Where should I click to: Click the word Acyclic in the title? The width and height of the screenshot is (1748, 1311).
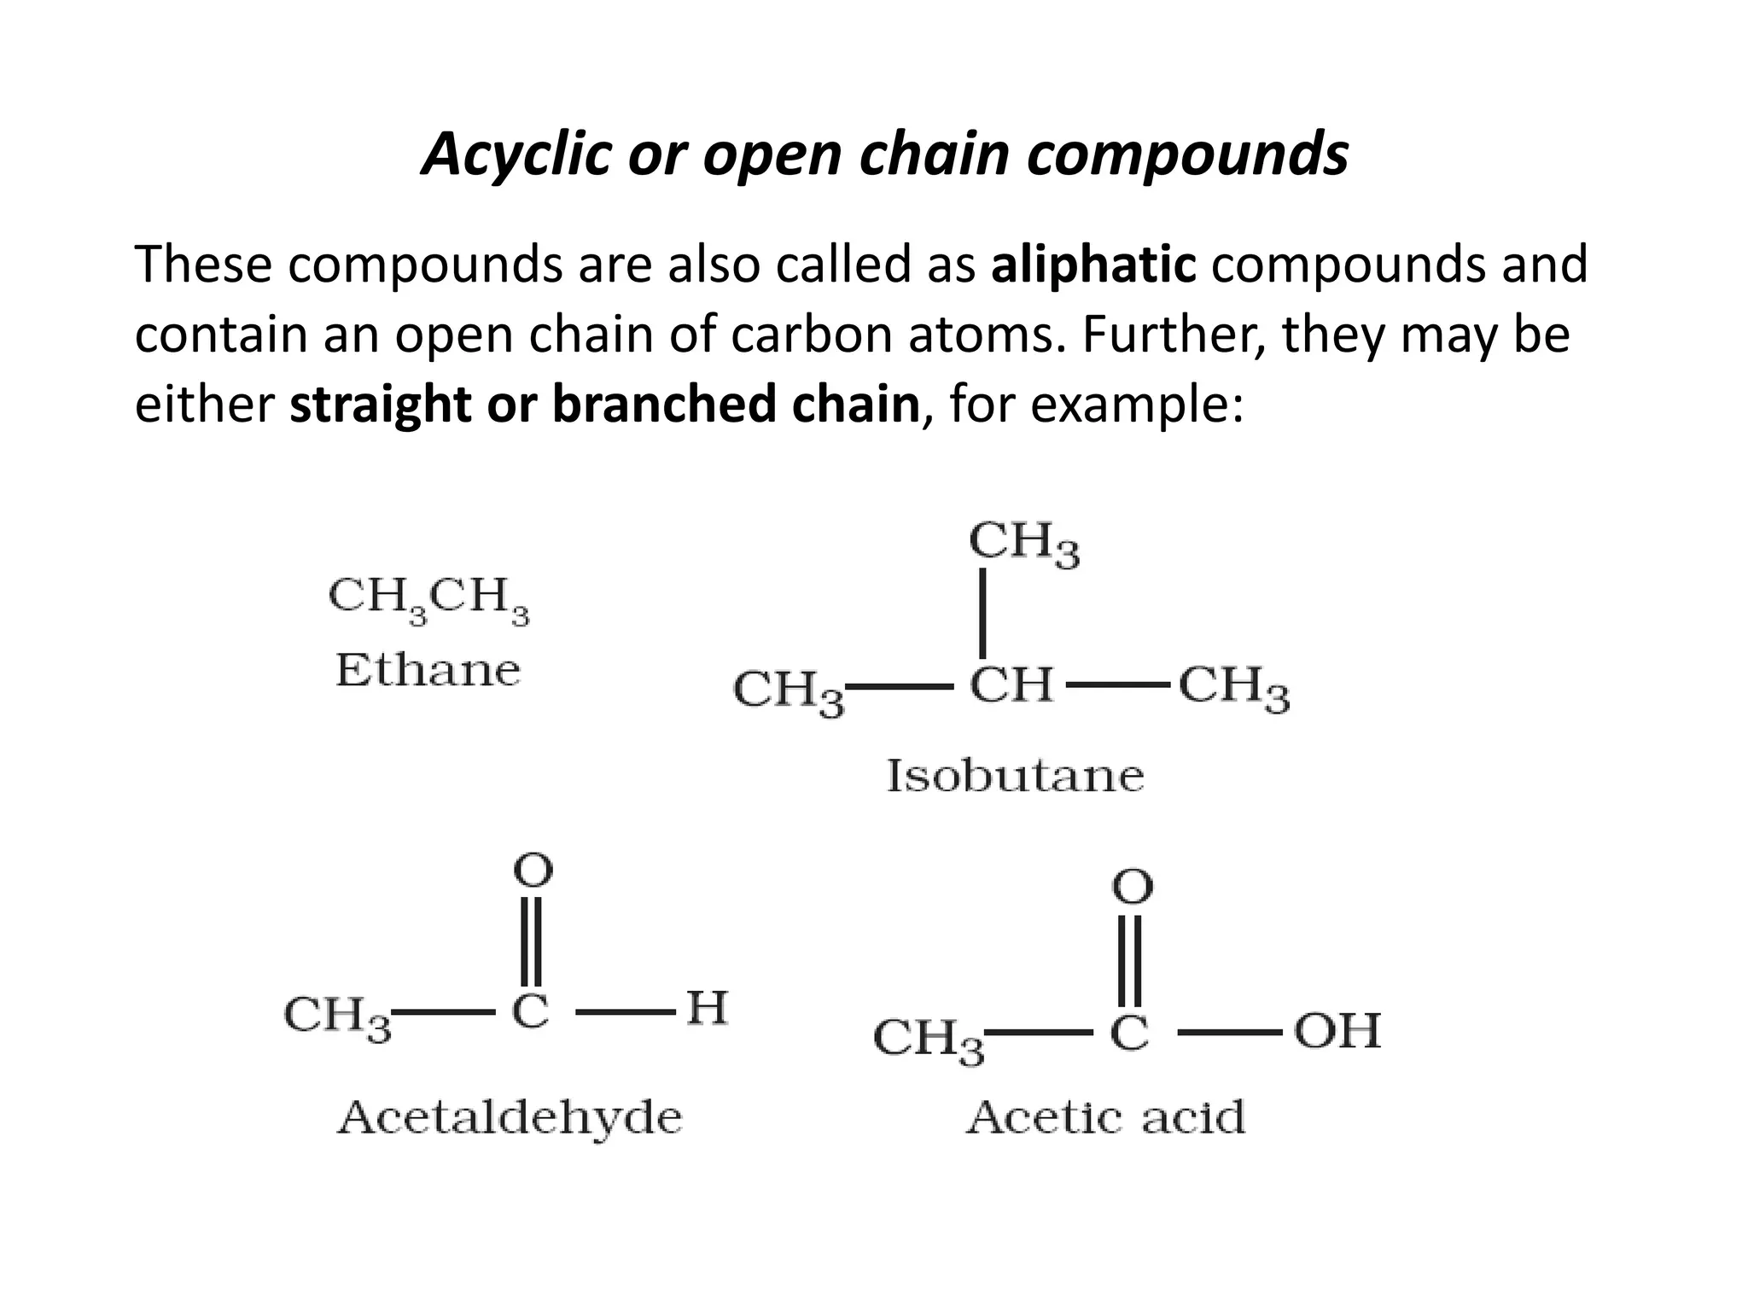point(516,155)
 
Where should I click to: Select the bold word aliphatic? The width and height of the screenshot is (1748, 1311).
point(1093,265)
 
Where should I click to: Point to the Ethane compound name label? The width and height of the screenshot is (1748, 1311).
point(428,670)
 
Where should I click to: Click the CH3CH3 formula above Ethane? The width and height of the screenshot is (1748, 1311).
point(428,597)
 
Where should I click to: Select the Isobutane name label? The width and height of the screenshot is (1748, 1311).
point(1015,776)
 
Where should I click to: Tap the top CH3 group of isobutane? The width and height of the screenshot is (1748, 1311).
point(1023,543)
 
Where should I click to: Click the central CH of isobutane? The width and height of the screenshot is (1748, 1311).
point(1011,685)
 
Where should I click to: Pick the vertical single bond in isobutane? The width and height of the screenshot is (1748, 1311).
point(983,613)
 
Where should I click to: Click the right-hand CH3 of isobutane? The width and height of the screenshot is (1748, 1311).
point(1233,688)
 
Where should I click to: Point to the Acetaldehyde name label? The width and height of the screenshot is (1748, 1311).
point(510,1117)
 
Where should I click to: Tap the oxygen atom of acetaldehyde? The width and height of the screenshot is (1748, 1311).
point(533,871)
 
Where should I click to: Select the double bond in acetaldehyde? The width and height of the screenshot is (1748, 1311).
point(532,940)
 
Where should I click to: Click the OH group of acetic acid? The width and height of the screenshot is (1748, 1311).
point(1337,1031)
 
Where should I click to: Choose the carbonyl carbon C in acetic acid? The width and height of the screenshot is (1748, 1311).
point(1129,1033)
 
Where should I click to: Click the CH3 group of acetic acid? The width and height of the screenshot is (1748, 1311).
point(928,1040)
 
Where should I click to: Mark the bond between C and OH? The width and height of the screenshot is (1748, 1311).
point(1229,1033)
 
